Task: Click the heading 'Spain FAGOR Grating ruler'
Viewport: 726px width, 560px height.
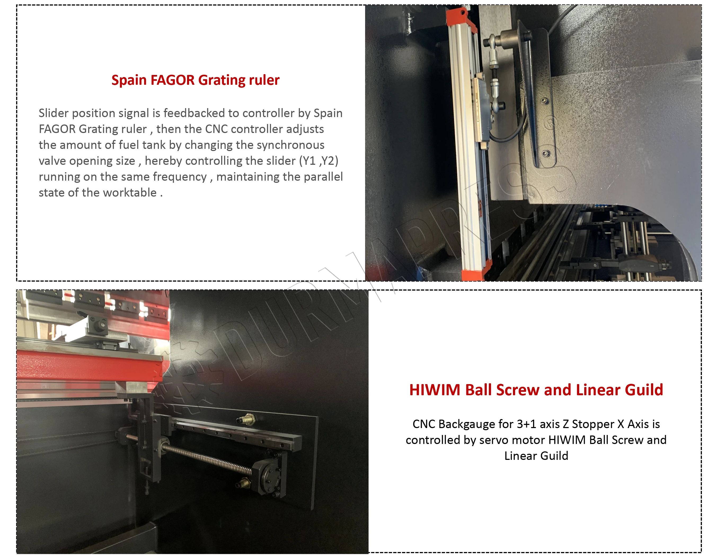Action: click(196, 80)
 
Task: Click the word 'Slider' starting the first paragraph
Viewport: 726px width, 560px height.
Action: click(54, 113)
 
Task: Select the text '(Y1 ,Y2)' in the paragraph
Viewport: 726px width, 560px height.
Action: click(319, 161)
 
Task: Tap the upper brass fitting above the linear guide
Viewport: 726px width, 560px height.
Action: click(247, 419)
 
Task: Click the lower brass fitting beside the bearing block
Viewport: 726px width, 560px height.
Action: click(244, 483)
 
